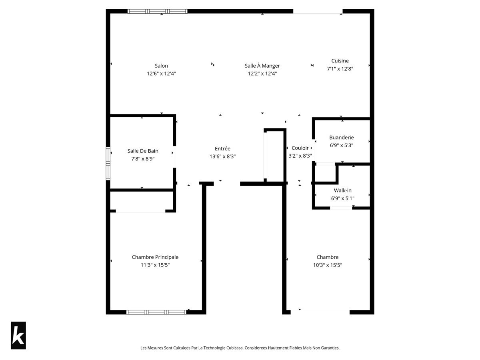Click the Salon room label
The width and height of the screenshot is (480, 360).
[161, 66]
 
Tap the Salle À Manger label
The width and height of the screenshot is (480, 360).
[262, 66]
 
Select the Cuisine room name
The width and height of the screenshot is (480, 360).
[340, 61]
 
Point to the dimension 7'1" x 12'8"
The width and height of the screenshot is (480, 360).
[340, 68]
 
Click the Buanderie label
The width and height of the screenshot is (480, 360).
[342, 138]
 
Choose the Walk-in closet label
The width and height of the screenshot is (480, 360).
[343, 190]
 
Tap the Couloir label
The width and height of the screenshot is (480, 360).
[300, 148]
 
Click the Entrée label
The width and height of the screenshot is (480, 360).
[222, 149]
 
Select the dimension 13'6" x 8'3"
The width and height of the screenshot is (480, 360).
[222, 156]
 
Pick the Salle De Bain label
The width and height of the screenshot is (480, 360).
[143, 151]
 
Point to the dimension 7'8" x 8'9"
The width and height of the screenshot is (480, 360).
[143, 158]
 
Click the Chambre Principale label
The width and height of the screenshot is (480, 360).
[155, 257]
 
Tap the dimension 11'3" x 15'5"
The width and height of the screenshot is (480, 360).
[155, 265]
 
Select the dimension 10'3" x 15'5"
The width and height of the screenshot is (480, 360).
[328, 265]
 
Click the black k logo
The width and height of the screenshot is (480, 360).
[18, 336]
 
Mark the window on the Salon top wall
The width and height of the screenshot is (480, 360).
[157, 11]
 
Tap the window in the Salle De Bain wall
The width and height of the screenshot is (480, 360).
[108, 163]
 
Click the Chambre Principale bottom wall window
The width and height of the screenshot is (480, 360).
[156, 312]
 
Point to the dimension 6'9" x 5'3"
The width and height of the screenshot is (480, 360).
[342, 145]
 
